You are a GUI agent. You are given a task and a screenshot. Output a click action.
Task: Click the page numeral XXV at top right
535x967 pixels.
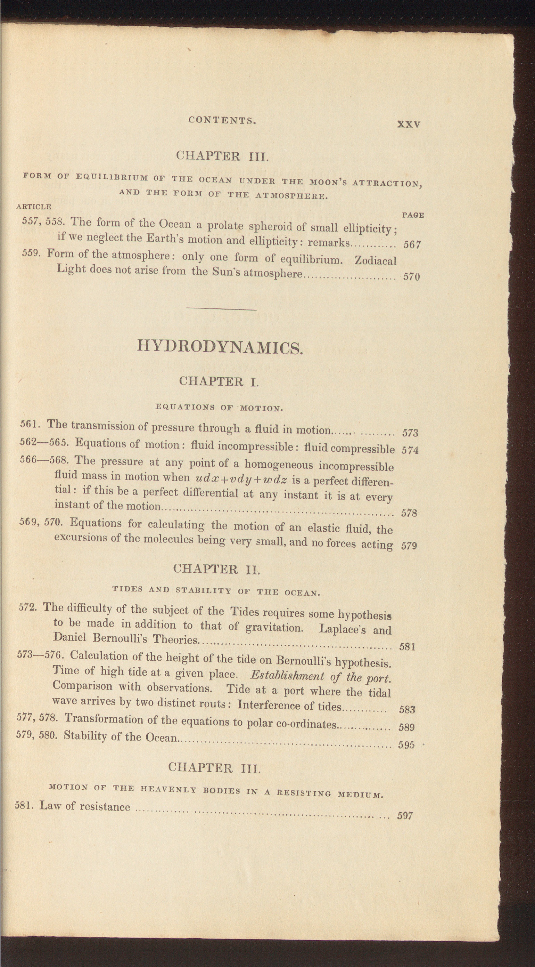(x=409, y=124)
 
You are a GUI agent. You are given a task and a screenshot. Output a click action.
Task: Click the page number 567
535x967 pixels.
(x=412, y=245)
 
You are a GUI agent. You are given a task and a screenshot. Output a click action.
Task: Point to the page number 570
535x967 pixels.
(x=411, y=277)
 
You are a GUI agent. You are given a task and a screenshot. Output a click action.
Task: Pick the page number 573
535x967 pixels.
(x=410, y=433)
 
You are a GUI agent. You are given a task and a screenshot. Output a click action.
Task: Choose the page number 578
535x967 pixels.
(x=409, y=513)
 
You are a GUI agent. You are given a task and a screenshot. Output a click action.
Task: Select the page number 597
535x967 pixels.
(x=405, y=816)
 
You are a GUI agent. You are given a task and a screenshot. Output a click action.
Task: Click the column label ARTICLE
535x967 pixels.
(x=34, y=207)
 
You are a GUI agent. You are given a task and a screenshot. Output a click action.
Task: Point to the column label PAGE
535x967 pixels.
(x=413, y=215)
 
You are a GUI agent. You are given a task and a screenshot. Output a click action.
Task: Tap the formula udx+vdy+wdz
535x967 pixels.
(x=241, y=480)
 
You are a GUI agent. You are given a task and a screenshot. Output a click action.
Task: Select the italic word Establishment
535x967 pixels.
(x=287, y=676)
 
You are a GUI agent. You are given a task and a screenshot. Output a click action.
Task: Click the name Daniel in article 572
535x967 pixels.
(x=70, y=637)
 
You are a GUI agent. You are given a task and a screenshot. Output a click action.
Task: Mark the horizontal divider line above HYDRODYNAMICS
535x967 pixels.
(x=221, y=309)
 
